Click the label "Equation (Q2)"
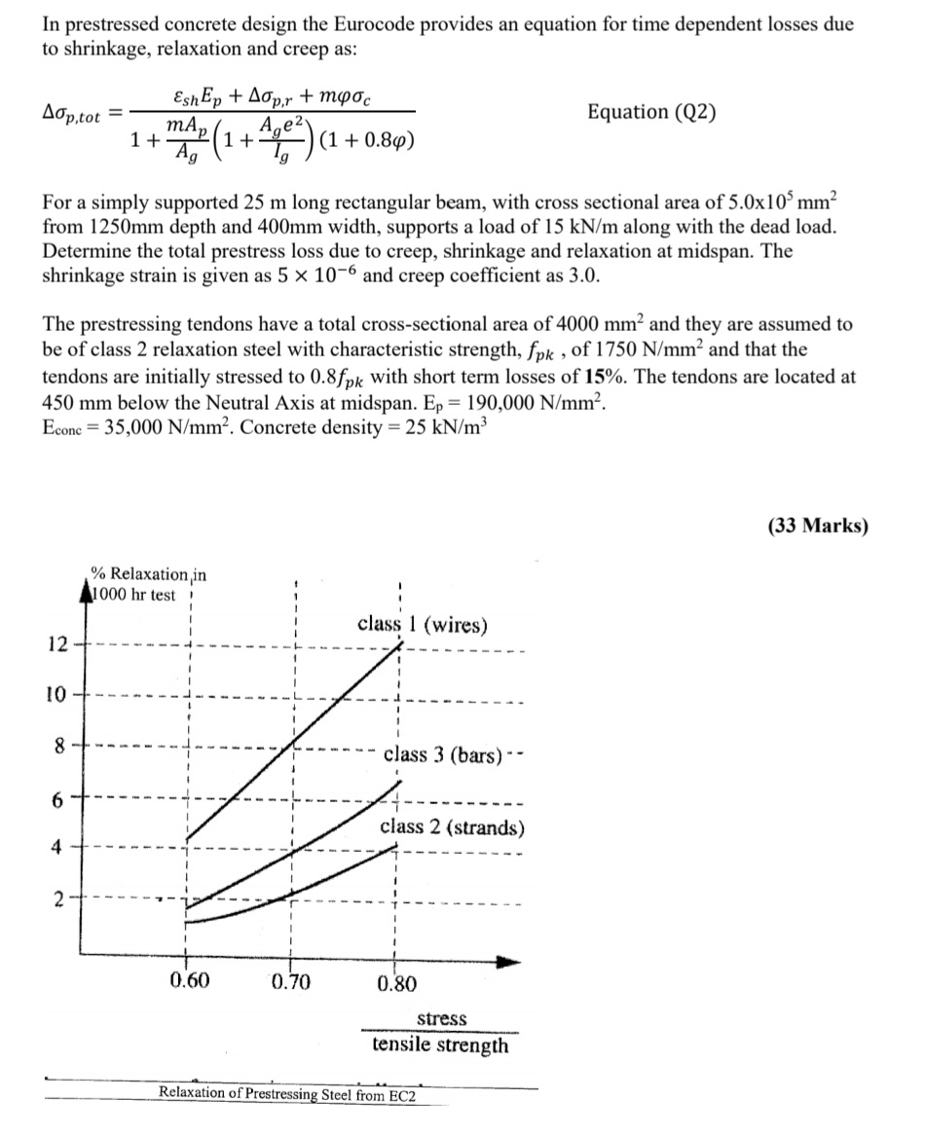point(652,112)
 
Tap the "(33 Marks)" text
point(817,526)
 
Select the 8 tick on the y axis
point(58,749)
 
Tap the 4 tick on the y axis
point(58,847)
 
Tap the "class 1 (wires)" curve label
point(423,624)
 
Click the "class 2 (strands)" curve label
point(452,827)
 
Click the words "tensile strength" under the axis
point(440,1045)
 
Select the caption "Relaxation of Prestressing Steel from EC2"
point(287,1093)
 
